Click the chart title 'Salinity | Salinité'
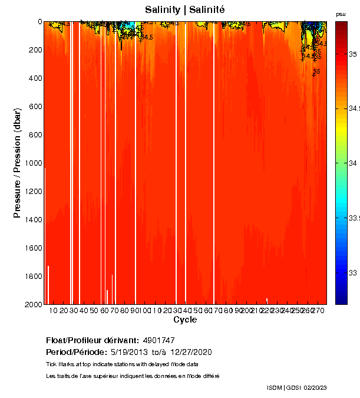coord(184,10)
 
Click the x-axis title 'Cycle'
coord(185,320)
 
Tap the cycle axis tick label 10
coord(54,311)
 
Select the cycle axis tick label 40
coord(84,311)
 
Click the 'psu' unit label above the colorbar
coord(341,14)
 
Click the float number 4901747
coord(158,341)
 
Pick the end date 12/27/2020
coord(191,352)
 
